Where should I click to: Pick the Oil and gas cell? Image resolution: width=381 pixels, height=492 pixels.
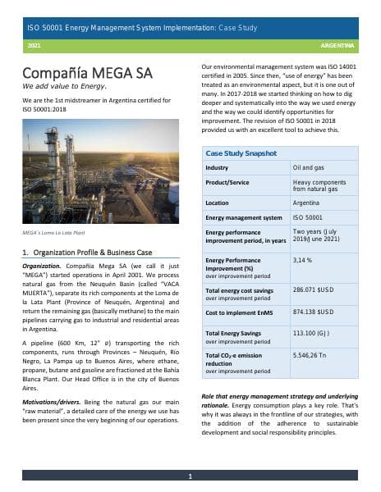(x=309, y=168)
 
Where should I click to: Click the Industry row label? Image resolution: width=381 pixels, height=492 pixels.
(x=217, y=168)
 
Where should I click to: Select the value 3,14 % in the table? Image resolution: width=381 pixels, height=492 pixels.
(x=305, y=260)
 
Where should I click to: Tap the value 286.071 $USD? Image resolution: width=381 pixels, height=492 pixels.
(x=313, y=290)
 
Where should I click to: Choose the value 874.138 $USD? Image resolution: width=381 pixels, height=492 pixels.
(x=313, y=312)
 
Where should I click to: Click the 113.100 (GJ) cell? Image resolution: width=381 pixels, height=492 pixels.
(x=312, y=334)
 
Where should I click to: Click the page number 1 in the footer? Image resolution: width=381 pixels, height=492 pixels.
(x=190, y=476)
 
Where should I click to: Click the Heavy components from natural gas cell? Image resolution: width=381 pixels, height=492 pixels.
(x=314, y=185)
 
